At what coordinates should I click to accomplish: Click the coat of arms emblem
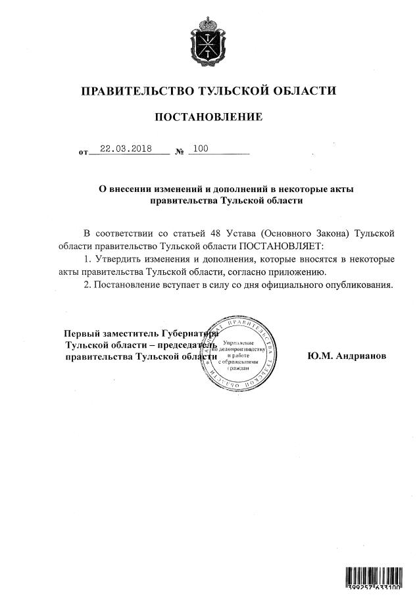point(209,43)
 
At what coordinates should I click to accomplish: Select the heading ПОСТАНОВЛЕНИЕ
point(209,117)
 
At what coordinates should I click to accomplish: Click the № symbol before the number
point(179,152)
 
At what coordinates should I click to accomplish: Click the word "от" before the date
point(83,153)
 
